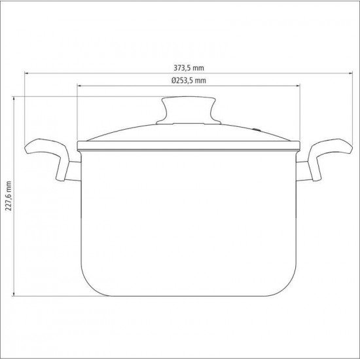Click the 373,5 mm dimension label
click(x=189, y=68)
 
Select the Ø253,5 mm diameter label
click(x=189, y=81)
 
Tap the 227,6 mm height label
click(x=9, y=196)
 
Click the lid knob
click(x=189, y=110)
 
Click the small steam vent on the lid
click(x=256, y=130)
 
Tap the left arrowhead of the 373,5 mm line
click(x=26, y=73)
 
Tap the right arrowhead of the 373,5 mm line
click(x=351, y=73)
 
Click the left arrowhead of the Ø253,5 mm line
click(x=79, y=86)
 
